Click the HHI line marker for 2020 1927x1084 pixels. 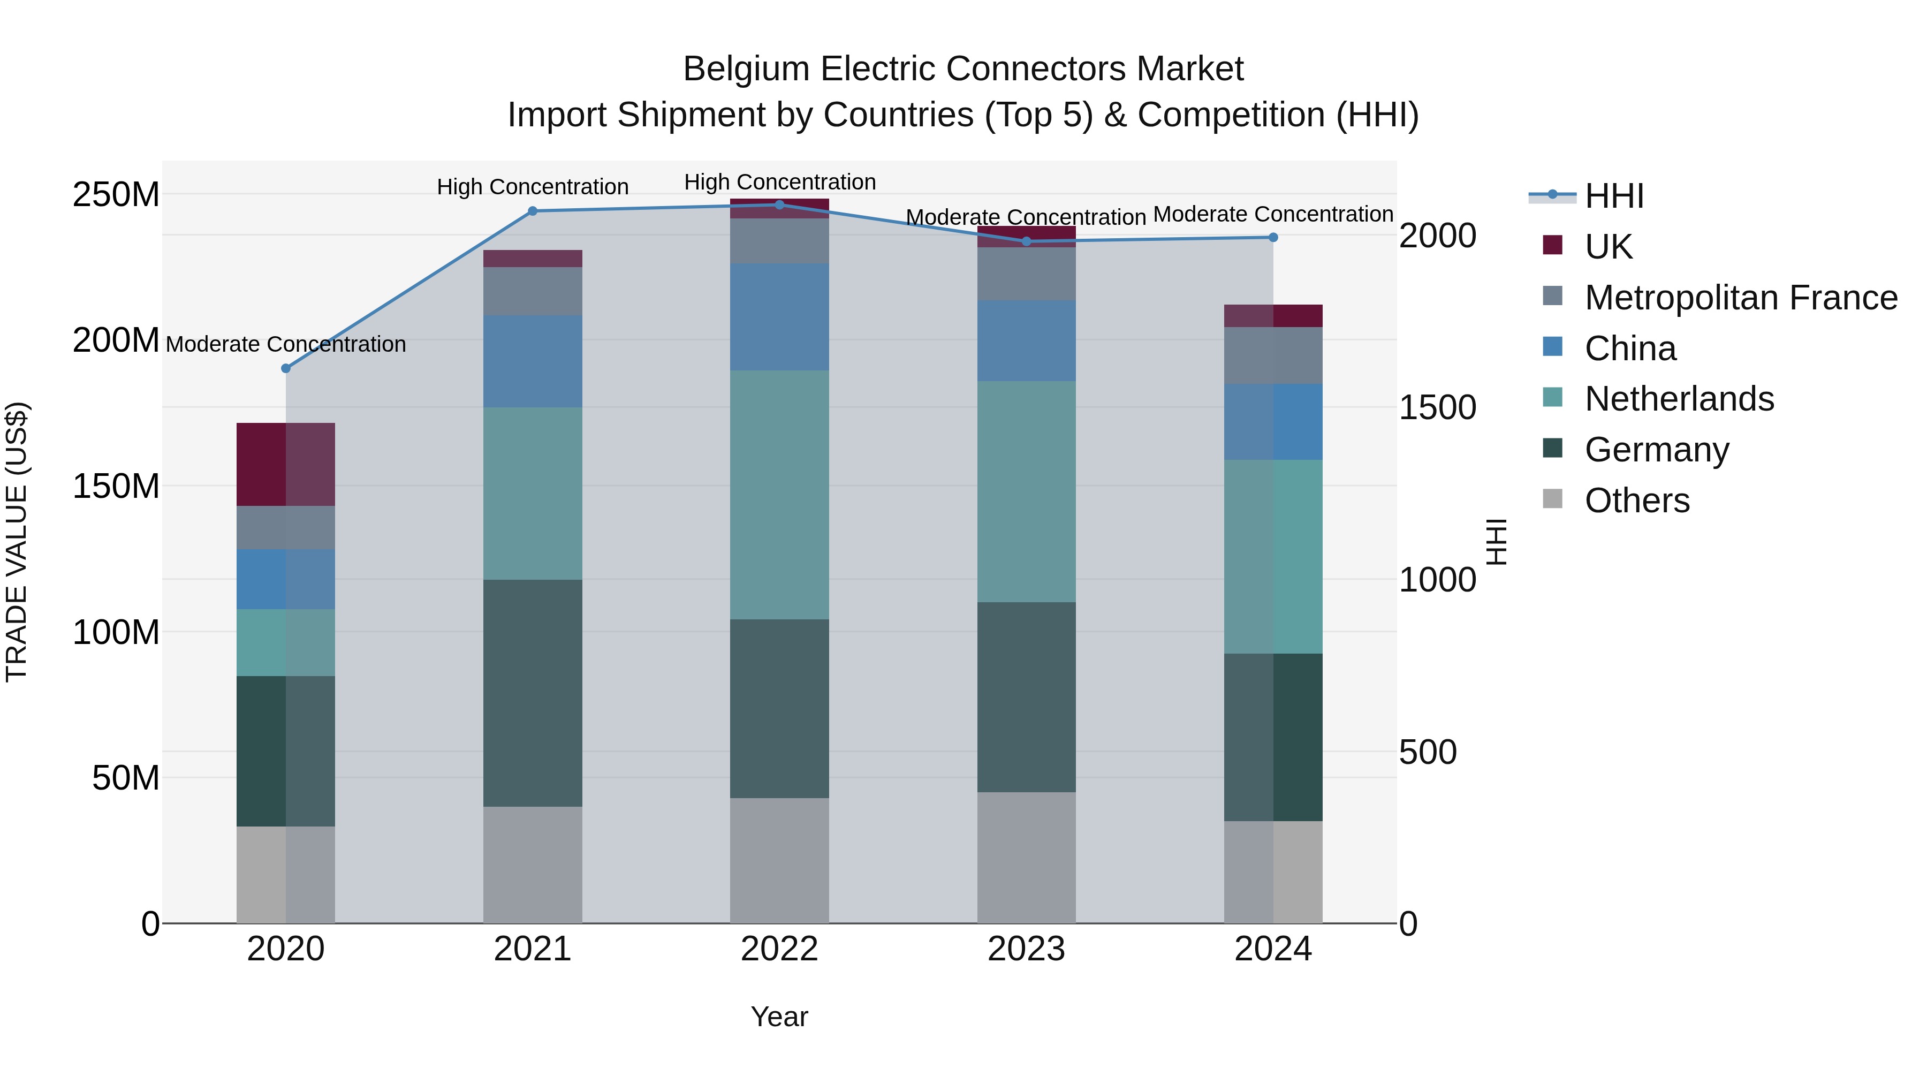tap(286, 368)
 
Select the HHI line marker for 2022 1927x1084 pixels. tap(779, 205)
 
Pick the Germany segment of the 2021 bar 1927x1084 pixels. tap(533, 692)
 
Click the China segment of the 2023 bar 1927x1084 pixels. tap(1026, 340)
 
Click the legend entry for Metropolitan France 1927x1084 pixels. tap(1740, 298)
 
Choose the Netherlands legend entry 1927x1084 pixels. tap(1679, 399)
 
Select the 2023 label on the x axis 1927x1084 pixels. tap(1026, 949)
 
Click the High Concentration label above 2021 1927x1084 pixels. tap(533, 187)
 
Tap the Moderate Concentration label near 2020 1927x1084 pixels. tap(286, 344)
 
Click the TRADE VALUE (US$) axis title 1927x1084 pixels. tap(17, 542)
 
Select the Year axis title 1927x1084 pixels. tap(779, 1017)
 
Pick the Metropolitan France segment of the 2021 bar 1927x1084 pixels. tap(533, 291)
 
